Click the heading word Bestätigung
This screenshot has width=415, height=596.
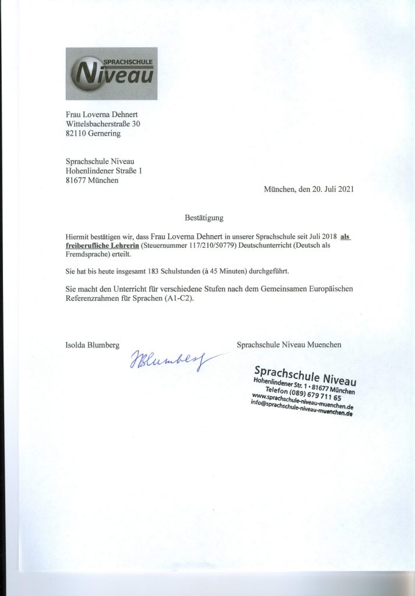(x=204, y=218)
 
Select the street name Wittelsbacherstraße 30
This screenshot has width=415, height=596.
(x=102, y=123)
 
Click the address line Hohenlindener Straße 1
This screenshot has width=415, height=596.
(x=103, y=171)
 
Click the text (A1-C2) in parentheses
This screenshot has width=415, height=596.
(x=182, y=298)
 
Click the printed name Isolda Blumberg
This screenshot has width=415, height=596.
(x=92, y=345)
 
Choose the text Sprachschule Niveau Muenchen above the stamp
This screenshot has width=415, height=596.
(x=289, y=345)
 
